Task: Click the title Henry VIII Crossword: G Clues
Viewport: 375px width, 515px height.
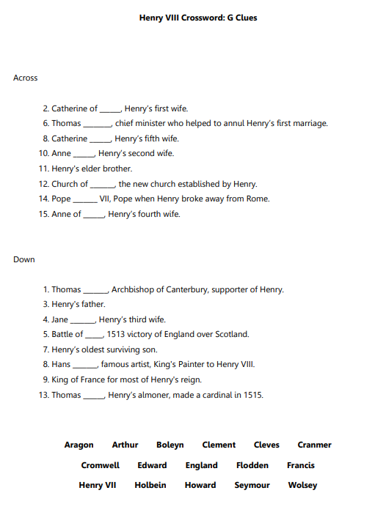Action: tap(197, 18)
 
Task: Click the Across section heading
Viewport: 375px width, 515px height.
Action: tap(25, 78)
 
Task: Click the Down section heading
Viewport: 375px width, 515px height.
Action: tap(23, 259)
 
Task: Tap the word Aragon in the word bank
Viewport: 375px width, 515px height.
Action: tap(79, 445)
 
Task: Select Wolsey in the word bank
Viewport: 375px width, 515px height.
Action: tap(302, 485)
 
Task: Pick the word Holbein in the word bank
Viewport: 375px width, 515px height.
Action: tap(150, 485)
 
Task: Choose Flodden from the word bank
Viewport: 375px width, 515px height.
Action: tap(252, 465)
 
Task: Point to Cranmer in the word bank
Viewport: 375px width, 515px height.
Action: tap(314, 445)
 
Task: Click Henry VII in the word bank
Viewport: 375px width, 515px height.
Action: tap(97, 485)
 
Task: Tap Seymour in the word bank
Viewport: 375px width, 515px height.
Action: tap(252, 485)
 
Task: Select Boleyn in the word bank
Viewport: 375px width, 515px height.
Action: tap(170, 445)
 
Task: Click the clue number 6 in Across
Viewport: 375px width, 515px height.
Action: tap(45, 123)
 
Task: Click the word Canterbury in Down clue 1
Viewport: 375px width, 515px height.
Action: tap(186, 289)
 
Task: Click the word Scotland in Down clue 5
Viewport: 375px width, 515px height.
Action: tap(230, 334)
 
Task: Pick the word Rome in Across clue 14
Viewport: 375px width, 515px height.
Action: tap(259, 199)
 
